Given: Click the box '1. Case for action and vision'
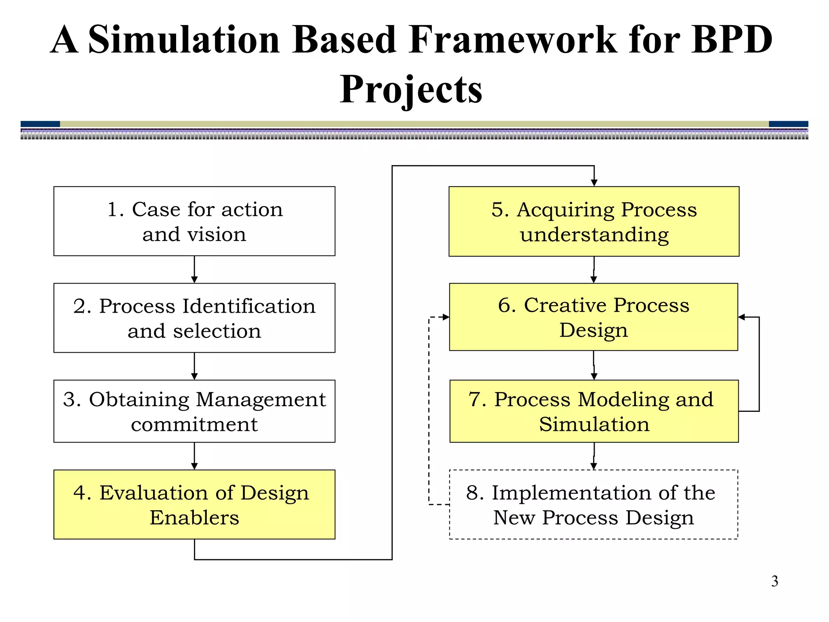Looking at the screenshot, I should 194,221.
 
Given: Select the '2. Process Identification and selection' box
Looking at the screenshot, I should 194,318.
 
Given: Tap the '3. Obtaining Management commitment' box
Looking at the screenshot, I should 194,411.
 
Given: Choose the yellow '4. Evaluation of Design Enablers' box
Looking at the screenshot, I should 194,504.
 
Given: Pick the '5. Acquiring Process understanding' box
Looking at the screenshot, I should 594,221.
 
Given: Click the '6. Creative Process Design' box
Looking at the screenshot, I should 593,317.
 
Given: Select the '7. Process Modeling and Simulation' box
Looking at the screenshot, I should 594,411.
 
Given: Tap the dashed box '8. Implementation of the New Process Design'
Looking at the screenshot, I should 593,505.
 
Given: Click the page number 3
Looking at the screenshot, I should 774,581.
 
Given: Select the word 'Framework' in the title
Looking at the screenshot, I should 512,40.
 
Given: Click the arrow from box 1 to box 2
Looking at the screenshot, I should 194,270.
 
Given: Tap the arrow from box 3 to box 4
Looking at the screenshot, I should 194,456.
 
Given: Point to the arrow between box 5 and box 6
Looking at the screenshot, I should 594,270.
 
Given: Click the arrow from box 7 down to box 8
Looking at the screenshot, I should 594,456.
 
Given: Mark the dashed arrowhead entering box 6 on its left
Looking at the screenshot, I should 446,317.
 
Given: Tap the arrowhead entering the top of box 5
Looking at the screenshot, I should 594,183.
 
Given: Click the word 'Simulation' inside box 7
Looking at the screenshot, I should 594,424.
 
